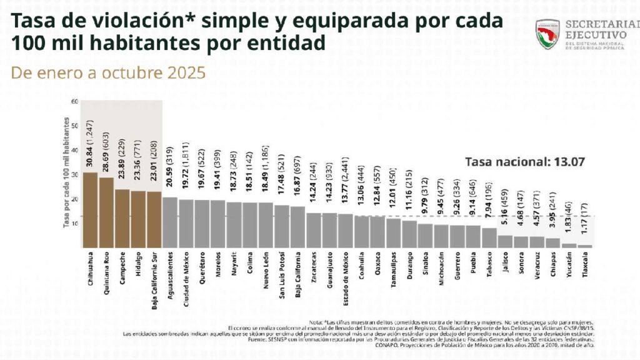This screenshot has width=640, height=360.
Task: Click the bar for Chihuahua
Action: [x=90, y=210]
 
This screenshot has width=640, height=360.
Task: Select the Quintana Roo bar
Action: [x=106, y=212]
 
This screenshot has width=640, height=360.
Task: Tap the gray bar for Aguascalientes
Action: [x=169, y=222]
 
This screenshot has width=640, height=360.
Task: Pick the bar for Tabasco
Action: [x=489, y=238]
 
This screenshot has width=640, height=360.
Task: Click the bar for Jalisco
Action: [x=506, y=242]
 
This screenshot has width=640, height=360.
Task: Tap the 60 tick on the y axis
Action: [x=74, y=101]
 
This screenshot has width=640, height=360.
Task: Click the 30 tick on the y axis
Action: [x=74, y=175]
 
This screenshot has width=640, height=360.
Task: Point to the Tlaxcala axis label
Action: [x=586, y=271]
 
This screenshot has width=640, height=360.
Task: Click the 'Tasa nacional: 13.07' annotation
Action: [x=524, y=161]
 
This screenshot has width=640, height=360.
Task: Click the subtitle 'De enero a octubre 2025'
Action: [x=108, y=73]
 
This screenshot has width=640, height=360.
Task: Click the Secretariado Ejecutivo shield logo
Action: [x=547, y=35]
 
